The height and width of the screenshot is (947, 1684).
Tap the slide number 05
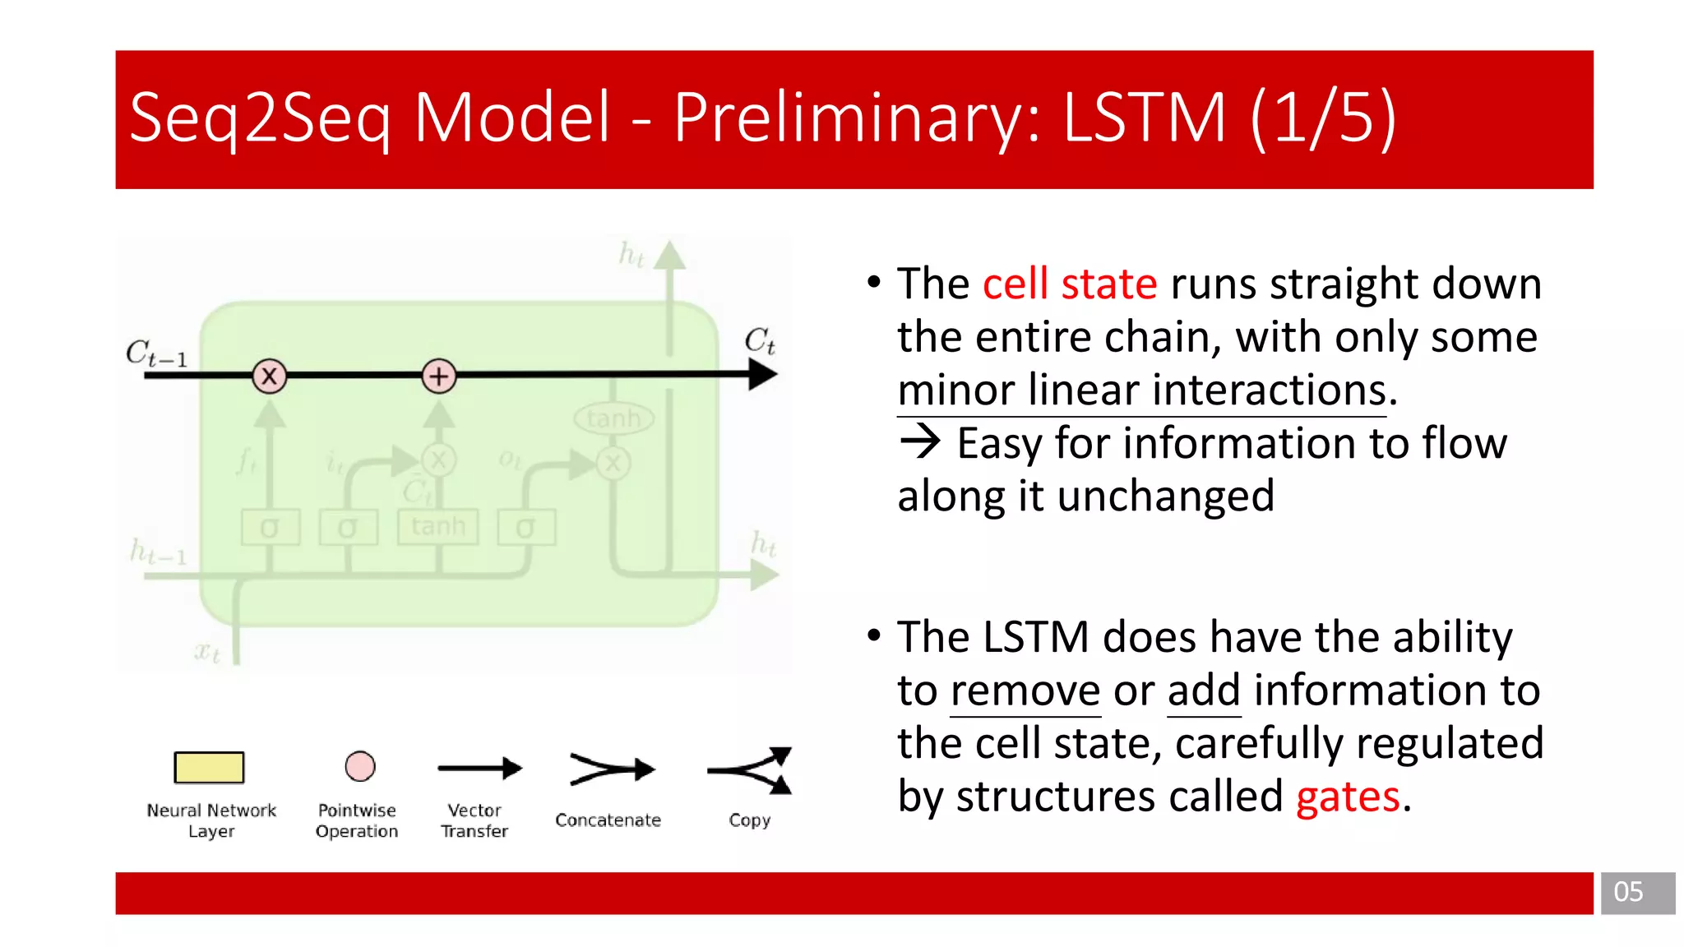pyautogui.click(x=1628, y=892)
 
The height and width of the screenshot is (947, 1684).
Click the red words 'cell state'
pyautogui.click(x=1069, y=284)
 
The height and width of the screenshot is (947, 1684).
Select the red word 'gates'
pyautogui.click(x=1347, y=797)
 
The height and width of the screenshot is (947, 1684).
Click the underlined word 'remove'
pyautogui.click(x=1025, y=691)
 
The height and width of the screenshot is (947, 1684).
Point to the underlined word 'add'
pyautogui.click(x=1203, y=691)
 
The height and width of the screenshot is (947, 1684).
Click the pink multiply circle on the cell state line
pyautogui.click(x=269, y=376)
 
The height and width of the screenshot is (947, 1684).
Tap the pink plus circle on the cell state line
pyautogui.click(x=439, y=376)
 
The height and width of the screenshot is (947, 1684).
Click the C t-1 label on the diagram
pyautogui.click(x=156, y=353)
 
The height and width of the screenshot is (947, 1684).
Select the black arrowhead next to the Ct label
pyautogui.click(x=762, y=375)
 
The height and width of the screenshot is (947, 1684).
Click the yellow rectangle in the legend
pyautogui.click(x=209, y=767)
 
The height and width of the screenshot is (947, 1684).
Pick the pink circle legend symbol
pyautogui.click(x=360, y=766)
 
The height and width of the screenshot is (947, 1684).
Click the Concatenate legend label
pyautogui.click(x=608, y=820)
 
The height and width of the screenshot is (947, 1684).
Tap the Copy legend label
pyautogui.click(x=749, y=820)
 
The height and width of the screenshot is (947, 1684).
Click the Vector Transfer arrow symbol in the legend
pyautogui.click(x=479, y=769)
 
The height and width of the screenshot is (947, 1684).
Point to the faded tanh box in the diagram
pyautogui.click(x=437, y=526)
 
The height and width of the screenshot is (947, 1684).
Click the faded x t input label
pyautogui.click(x=207, y=654)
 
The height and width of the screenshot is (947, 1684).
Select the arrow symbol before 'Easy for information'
pyautogui.click(x=919, y=442)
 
